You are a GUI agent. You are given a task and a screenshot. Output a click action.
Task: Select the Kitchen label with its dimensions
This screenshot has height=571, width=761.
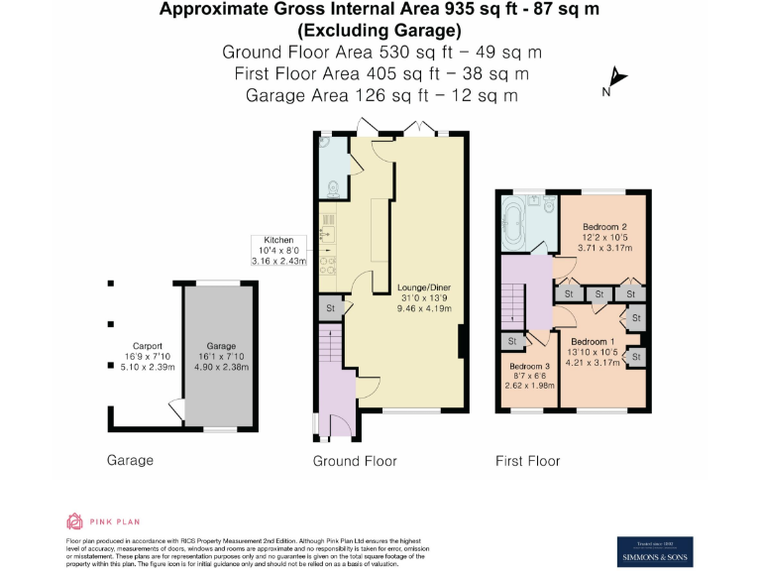[x=277, y=251]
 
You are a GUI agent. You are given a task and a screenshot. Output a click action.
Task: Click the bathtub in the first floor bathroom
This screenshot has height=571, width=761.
[x=517, y=217]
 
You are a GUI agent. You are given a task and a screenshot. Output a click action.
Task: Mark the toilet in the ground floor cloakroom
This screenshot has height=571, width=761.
[x=333, y=185]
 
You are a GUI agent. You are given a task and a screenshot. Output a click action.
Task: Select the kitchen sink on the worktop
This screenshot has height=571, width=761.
[x=326, y=235]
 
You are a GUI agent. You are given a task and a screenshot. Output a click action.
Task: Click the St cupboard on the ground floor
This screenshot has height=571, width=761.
[x=330, y=308]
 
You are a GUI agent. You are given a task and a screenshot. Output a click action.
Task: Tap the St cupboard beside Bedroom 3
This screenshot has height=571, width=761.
[x=512, y=341]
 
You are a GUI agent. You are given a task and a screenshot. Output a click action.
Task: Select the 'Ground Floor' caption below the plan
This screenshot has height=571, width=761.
[x=355, y=461]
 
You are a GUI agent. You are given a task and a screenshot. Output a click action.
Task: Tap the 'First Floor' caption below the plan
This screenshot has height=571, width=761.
[x=527, y=461]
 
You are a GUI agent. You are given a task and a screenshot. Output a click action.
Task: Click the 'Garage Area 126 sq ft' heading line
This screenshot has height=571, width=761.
[x=381, y=96]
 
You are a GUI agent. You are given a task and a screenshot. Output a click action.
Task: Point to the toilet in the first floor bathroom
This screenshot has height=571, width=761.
[x=546, y=205]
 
